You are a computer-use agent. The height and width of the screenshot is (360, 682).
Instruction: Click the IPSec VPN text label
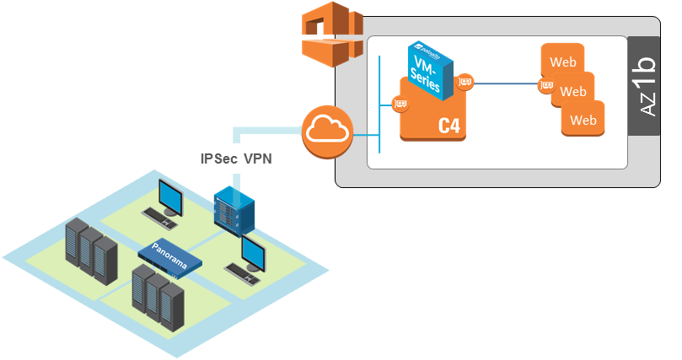(236, 159)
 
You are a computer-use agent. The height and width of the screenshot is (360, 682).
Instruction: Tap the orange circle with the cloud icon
(327, 132)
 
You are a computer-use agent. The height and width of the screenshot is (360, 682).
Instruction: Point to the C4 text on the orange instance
(449, 126)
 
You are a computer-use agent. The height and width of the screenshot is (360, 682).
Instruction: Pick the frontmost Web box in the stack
(583, 120)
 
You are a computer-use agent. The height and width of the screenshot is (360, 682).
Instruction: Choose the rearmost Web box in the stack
(563, 62)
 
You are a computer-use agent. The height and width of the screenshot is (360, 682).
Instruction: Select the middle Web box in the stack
(573, 90)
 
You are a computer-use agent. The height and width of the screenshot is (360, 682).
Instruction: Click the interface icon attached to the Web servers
(546, 84)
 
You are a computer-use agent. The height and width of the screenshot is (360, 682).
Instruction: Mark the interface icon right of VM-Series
(465, 83)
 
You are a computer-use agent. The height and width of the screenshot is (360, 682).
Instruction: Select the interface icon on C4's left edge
(401, 105)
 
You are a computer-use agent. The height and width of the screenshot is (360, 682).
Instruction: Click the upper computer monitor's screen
(171, 196)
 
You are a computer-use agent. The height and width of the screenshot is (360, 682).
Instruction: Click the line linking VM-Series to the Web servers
(506, 83)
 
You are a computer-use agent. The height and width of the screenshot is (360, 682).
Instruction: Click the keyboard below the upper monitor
(159, 216)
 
